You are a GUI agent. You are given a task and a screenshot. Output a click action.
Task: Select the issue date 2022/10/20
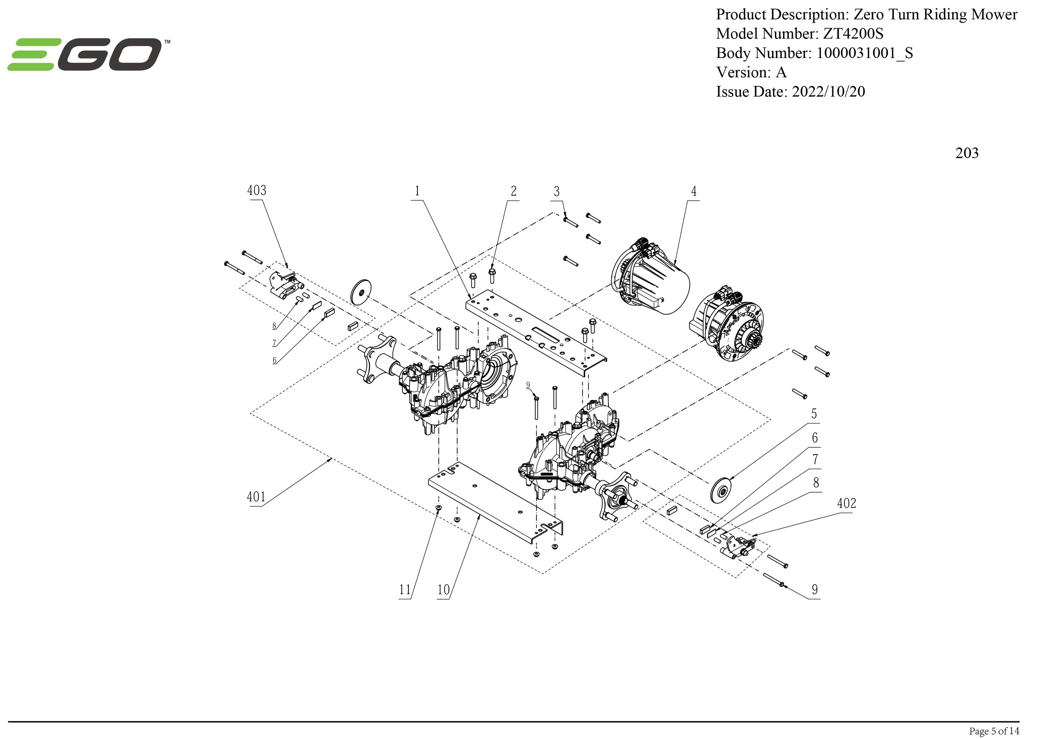(828, 92)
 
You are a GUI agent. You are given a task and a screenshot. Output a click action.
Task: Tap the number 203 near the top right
(967, 153)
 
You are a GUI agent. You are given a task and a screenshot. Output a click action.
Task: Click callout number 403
(257, 190)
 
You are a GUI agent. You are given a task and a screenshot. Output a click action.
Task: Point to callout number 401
(256, 497)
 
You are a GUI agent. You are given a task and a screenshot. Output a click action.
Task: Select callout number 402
(846, 503)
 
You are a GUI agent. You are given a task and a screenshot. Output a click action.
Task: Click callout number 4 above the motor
(694, 191)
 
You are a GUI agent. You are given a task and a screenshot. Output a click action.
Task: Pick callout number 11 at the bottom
(405, 590)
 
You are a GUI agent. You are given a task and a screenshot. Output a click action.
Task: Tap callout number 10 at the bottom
(443, 590)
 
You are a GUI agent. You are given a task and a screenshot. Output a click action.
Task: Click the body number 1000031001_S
(864, 53)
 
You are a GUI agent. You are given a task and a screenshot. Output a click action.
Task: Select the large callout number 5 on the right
(814, 414)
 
